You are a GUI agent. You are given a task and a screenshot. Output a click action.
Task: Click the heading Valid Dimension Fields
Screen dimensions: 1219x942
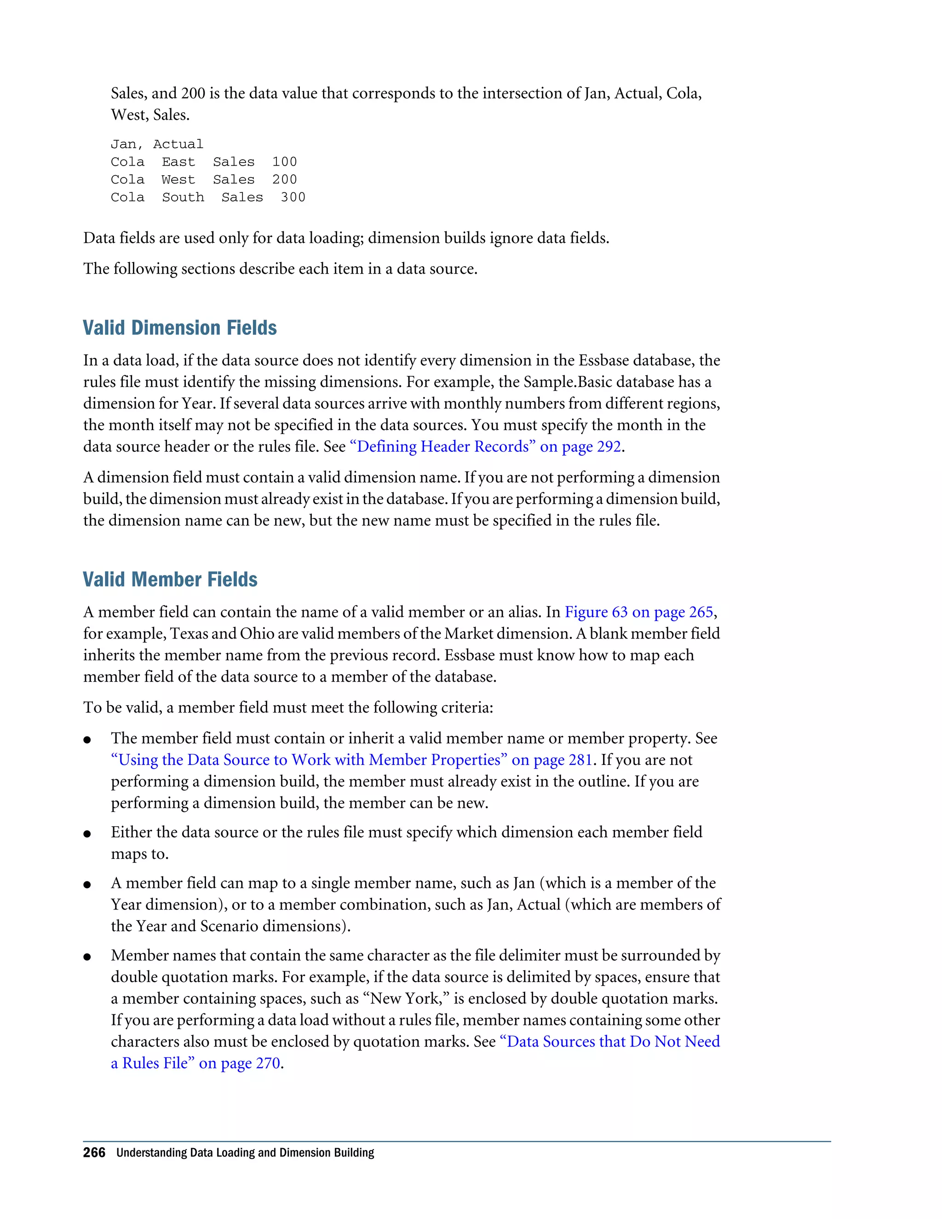[x=180, y=328]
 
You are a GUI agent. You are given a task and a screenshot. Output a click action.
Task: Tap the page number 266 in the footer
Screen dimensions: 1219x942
[x=94, y=1153]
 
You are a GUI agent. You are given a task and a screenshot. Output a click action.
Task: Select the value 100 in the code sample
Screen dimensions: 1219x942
[x=284, y=162]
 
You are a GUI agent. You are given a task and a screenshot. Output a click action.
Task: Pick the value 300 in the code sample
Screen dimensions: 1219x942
[x=293, y=198]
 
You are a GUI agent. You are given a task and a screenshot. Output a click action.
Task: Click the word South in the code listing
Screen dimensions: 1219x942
[x=183, y=198]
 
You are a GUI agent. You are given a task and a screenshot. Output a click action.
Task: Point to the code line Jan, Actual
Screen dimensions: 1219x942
[x=157, y=144]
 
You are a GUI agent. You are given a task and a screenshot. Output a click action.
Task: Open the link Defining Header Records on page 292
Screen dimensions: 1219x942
[x=485, y=447]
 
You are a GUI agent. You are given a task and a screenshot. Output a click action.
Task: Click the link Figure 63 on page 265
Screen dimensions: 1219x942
[x=638, y=612]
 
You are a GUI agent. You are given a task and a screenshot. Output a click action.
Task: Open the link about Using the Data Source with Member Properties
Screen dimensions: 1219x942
[x=351, y=760]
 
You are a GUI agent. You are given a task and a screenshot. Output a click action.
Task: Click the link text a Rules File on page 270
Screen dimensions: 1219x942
[x=195, y=1063]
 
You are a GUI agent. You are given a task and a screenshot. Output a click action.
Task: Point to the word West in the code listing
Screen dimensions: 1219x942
[x=178, y=180]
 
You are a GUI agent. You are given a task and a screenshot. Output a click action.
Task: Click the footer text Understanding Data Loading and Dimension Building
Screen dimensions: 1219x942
[x=245, y=1153]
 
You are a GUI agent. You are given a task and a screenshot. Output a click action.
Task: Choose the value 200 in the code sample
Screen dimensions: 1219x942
[x=284, y=180]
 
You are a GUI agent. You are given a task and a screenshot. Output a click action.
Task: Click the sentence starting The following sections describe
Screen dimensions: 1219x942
[x=280, y=269]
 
